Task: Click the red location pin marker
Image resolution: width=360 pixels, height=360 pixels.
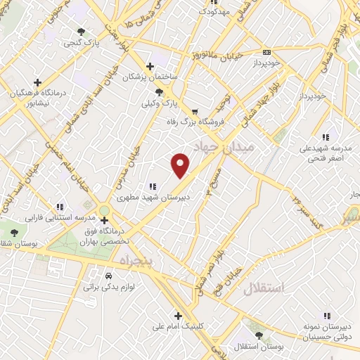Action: [181, 165]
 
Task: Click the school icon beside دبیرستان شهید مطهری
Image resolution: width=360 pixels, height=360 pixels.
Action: [152, 187]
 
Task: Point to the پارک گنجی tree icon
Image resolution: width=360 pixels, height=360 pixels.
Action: [82, 32]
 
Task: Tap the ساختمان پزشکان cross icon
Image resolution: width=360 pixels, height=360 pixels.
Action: [150, 65]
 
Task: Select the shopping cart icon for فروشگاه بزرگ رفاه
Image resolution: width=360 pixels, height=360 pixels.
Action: [195, 111]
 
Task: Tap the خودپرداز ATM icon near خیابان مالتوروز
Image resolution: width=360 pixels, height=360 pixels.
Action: [266, 52]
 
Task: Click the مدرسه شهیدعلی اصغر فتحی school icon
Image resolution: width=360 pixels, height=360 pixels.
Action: [325, 137]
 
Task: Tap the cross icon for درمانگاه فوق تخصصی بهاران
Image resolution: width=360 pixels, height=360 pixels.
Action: [104, 219]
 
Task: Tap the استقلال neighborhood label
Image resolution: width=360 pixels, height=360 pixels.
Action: [264, 288]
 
